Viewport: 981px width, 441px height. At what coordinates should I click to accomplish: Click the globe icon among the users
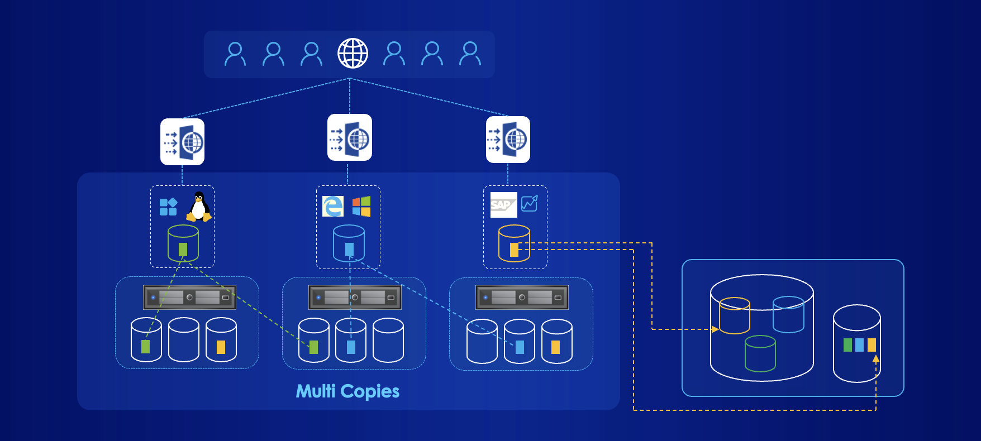click(x=353, y=54)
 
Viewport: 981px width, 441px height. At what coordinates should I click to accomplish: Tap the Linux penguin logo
click(x=199, y=207)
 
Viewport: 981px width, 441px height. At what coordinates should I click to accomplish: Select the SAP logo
click(x=503, y=205)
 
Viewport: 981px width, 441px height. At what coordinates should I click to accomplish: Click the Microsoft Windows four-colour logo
click(x=361, y=206)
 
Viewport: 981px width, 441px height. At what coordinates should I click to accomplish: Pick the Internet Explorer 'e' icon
click(x=333, y=206)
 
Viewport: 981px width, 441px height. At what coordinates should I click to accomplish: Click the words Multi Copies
click(x=347, y=391)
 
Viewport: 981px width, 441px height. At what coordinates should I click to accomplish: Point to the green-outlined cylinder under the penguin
click(x=183, y=243)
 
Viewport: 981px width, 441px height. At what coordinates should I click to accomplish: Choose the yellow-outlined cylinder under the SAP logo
click(x=514, y=243)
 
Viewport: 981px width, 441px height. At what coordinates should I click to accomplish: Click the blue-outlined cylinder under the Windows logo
click(x=349, y=243)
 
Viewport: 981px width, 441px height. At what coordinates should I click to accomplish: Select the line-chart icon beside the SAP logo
click(x=530, y=204)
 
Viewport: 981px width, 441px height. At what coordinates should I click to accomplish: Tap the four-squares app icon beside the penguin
click(x=168, y=207)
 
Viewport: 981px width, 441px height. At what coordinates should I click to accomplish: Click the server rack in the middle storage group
click(x=355, y=298)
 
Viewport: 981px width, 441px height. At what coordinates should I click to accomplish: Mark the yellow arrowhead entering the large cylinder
click(x=715, y=329)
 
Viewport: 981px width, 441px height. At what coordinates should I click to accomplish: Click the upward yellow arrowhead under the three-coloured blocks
click(x=876, y=359)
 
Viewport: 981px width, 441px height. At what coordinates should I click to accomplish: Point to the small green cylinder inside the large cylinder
click(x=760, y=353)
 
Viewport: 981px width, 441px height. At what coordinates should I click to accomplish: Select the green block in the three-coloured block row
click(x=847, y=345)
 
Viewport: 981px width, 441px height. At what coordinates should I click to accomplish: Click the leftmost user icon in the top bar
click(x=235, y=54)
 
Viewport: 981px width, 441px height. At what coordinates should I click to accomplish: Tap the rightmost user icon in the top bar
click(x=470, y=54)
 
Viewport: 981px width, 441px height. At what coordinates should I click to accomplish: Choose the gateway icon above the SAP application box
click(x=508, y=140)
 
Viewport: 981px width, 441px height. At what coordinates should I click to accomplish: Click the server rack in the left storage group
click(x=189, y=298)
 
